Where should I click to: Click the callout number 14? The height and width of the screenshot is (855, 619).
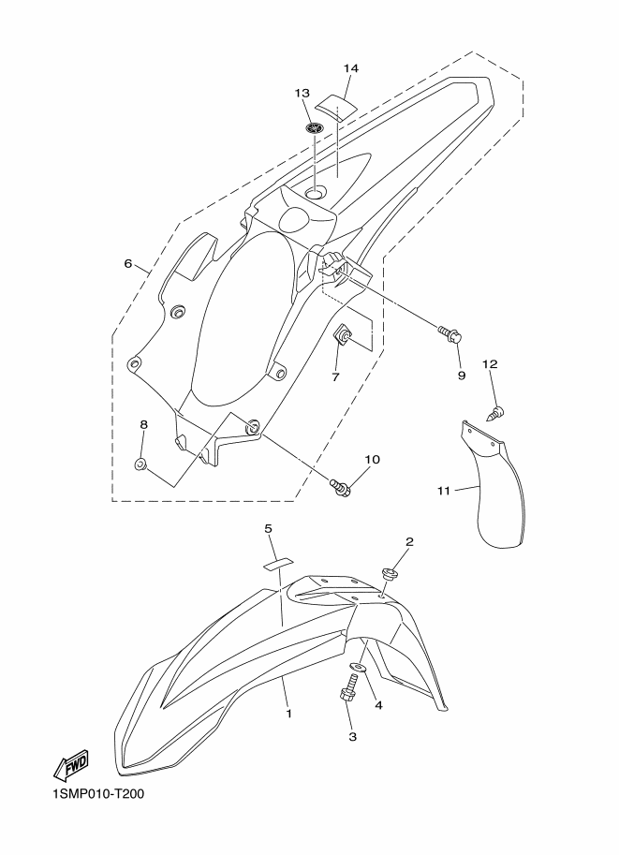pyautogui.click(x=351, y=68)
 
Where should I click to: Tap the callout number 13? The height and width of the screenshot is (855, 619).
pyautogui.click(x=302, y=93)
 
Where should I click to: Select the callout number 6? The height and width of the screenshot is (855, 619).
pyautogui.click(x=128, y=264)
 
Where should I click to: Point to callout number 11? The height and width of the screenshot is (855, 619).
pyautogui.click(x=444, y=491)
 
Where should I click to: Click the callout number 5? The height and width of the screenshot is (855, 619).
pyautogui.click(x=268, y=528)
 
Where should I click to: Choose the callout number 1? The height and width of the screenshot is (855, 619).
pyautogui.click(x=289, y=714)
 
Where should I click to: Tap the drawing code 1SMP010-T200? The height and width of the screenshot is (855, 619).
pyautogui.click(x=98, y=793)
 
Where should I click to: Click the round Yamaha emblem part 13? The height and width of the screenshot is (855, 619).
pyautogui.click(x=315, y=128)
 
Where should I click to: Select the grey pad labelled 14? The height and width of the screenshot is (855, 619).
pyautogui.click(x=336, y=104)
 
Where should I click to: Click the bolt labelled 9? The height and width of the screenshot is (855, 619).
pyautogui.click(x=450, y=333)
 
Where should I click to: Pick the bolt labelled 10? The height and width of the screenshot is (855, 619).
pyautogui.click(x=340, y=485)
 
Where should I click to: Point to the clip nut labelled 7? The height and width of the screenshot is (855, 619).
pyautogui.click(x=342, y=336)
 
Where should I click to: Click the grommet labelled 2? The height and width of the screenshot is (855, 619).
pyautogui.click(x=389, y=574)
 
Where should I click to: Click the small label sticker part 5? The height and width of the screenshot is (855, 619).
pyautogui.click(x=277, y=563)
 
